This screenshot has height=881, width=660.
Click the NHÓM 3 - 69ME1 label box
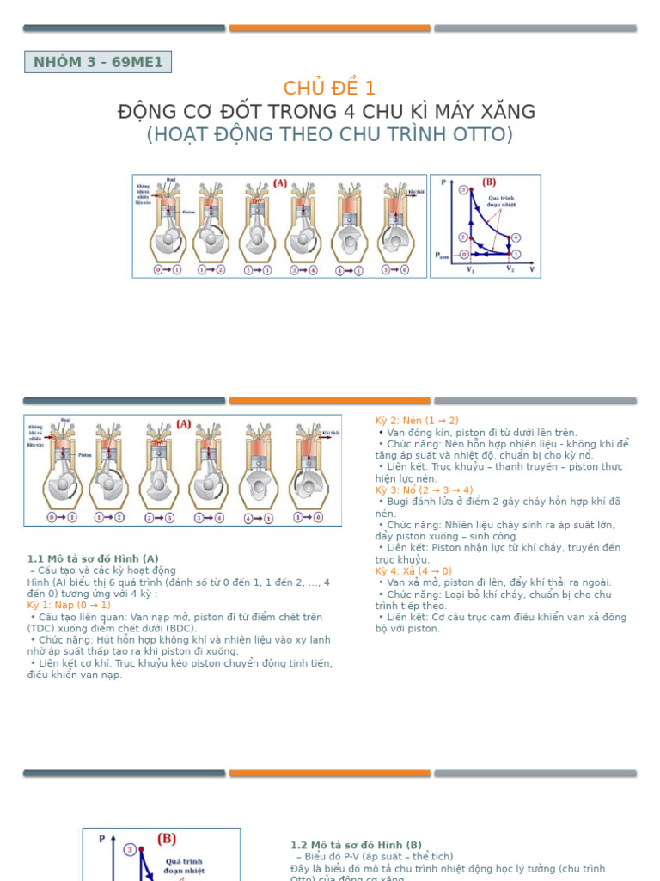point(98,62)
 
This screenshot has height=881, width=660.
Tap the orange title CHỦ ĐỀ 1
point(329,88)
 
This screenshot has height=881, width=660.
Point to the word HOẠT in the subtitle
point(182,134)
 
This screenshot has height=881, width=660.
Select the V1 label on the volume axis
point(470,269)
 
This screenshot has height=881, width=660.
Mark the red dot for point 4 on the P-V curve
point(516,237)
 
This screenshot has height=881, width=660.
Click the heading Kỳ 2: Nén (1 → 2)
point(417,421)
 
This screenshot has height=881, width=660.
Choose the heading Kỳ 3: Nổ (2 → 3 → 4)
point(424,490)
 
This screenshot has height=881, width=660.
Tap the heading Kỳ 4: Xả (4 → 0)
point(413,571)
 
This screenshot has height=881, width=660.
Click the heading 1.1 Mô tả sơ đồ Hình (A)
point(93,558)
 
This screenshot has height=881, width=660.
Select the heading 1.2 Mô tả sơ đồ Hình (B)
point(357,845)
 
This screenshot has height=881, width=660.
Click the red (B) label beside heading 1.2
point(167,839)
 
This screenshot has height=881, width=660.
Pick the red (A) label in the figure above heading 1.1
point(184,424)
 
